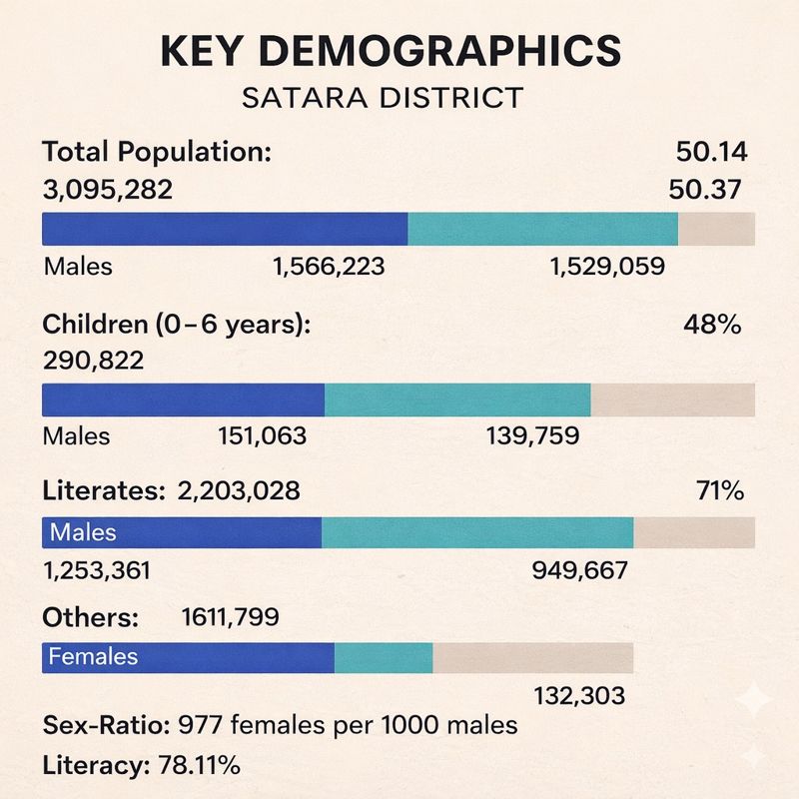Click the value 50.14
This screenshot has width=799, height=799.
click(x=712, y=154)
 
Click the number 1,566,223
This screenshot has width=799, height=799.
click(x=329, y=267)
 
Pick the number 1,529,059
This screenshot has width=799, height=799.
click(x=608, y=267)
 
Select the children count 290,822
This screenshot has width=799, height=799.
click(x=92, y=360)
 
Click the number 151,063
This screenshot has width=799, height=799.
click(x=262, y=435)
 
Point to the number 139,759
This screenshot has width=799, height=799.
click(x=533, y=435)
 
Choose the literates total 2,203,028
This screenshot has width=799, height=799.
click(x=239, y=490)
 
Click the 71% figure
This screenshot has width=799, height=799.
click(x=718, y=490)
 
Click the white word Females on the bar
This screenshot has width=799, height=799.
click(x=93, y=657)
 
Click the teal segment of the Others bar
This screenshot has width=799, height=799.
click(x=384, y=657)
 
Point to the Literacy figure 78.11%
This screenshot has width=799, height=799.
click(x=199, y=766)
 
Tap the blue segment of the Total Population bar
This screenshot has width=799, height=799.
click(x=225, y=229)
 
